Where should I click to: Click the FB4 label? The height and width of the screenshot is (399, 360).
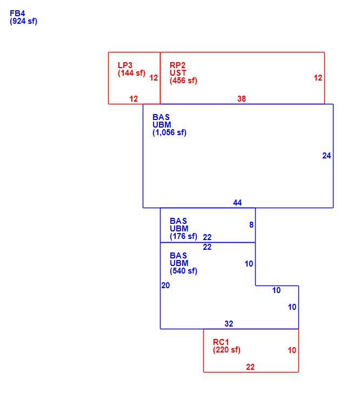pos(17,13)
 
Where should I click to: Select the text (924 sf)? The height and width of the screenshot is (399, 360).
pos(23,21)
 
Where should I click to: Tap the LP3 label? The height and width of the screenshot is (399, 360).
pos(125,65)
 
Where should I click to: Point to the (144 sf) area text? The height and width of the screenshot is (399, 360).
pos(131,73)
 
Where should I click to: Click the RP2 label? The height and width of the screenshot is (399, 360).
pos(178,65)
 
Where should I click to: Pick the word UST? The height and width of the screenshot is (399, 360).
pos(178,73)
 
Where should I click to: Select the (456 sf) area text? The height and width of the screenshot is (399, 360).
pos(183,81)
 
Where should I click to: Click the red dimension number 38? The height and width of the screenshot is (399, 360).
pos(242,99)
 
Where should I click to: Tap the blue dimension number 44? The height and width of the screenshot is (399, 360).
pos(237,203)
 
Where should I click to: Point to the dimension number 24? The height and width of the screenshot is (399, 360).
pos(326,156)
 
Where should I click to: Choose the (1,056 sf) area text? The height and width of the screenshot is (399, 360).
pos(169,132)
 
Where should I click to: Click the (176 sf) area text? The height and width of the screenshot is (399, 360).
pos(183,236)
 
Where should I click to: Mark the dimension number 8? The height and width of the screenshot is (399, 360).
pos(251,225)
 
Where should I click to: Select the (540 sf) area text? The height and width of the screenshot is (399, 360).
pos(183,271)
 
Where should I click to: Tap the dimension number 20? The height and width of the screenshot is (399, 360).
pos(165,285)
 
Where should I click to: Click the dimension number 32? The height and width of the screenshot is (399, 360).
pos(229,323)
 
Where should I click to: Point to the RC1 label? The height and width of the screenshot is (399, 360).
pos(221,342)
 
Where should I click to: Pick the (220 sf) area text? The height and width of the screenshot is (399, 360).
pos(226,350)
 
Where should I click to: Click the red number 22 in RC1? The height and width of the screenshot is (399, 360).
pos(250,367)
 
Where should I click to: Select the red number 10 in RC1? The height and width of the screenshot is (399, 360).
pos(292,350)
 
